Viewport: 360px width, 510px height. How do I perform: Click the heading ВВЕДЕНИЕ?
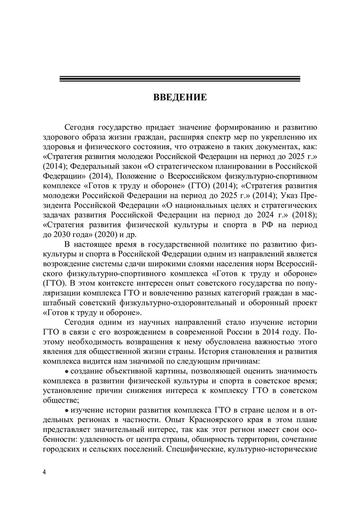point(180,98)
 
